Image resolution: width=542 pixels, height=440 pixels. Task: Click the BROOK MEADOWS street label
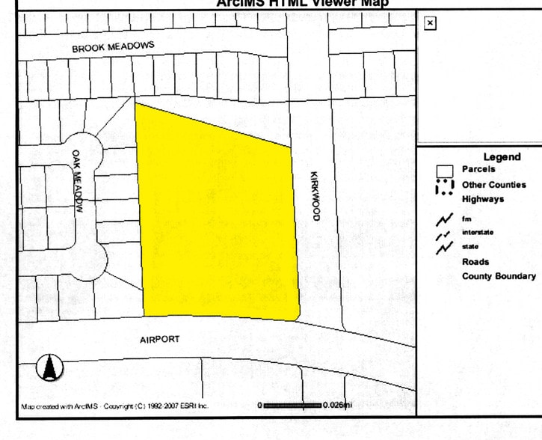[113, 47]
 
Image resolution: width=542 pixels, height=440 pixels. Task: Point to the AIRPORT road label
[160, 339]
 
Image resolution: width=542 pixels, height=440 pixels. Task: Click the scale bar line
[293, 405]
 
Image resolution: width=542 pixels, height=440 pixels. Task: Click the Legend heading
[502, 157]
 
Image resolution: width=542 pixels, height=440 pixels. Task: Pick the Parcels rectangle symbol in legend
[445, 171]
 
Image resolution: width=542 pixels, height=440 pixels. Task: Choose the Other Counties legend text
[493, 184]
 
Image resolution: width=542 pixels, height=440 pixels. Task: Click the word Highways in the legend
[482, 199]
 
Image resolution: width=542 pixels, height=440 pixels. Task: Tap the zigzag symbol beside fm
[445, 219]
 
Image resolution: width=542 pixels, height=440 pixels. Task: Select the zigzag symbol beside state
[445, 246]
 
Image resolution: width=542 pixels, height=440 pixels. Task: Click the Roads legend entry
[475, 262]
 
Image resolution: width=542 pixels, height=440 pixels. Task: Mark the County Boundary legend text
[499, 276]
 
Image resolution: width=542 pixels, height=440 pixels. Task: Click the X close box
[429, 23]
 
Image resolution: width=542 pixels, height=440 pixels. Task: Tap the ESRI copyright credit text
[115, 406]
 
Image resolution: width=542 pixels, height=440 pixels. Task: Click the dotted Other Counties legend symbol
[445, 186]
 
